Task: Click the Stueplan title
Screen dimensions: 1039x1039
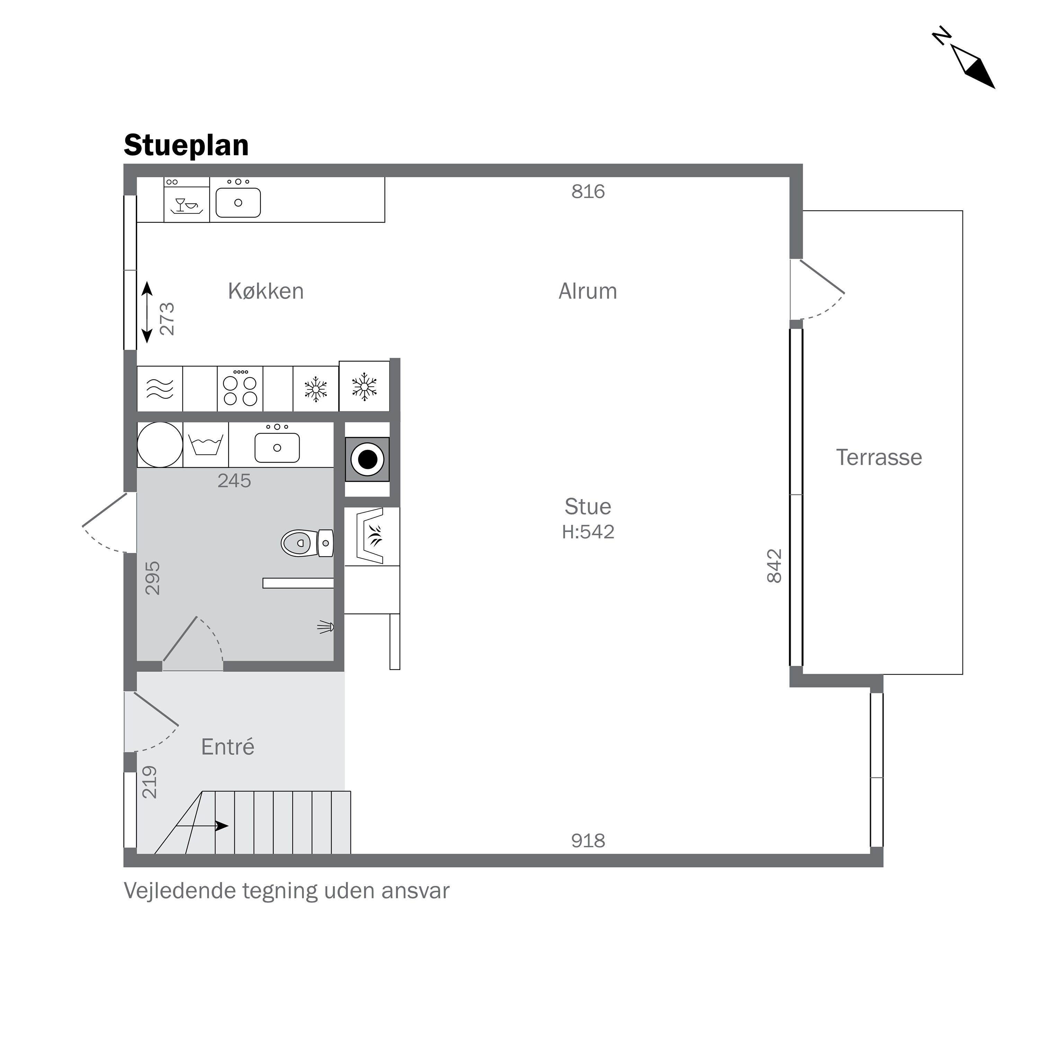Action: (x=186, y=146)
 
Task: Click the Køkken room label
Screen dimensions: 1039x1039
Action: (x=266, y=292)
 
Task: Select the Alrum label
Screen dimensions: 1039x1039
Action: (x=587, y=292)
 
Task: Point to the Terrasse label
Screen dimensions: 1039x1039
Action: (x=878, y=458)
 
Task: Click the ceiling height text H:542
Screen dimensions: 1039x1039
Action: (x=588, y=532)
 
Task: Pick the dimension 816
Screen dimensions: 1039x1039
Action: (x=588, y=192)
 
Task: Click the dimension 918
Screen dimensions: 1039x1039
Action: (x=588, y=841)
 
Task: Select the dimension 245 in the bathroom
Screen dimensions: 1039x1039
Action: (x=234, y=481)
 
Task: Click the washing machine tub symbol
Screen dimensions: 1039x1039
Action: (x=205, y=445)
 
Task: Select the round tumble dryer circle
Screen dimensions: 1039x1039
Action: (x=160, y=445)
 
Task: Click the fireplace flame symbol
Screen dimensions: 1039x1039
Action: (x=374, y=536)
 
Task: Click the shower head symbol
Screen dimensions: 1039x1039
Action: (x=326, y=627)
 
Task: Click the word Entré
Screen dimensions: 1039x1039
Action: (x=228, y=747)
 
